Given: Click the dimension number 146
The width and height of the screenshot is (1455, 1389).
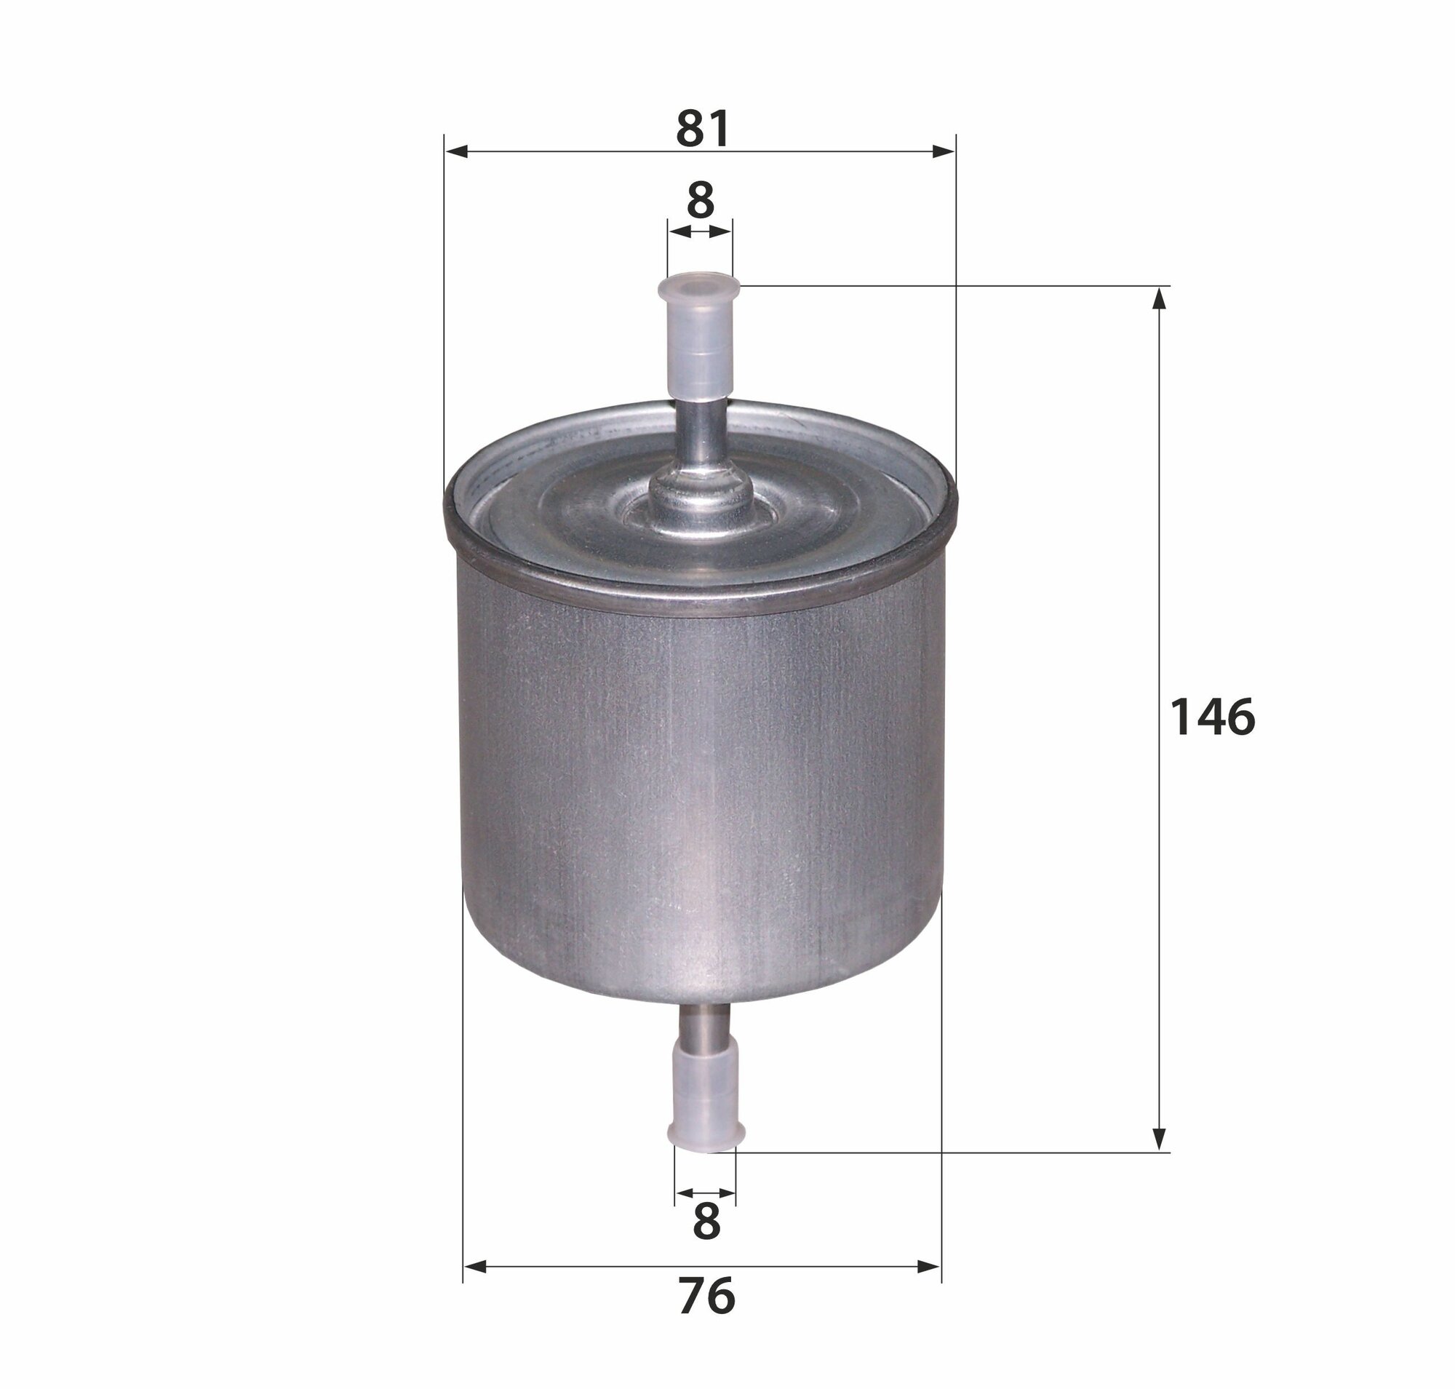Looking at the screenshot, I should [x=1212, y=717].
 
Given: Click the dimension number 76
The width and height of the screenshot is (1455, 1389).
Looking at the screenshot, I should [x=706, y=1295].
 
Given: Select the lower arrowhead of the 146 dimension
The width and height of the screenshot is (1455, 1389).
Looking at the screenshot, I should [x=1160, y=1139].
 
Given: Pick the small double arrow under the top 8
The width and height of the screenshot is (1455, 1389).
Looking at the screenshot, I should [x=700, y=232].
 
